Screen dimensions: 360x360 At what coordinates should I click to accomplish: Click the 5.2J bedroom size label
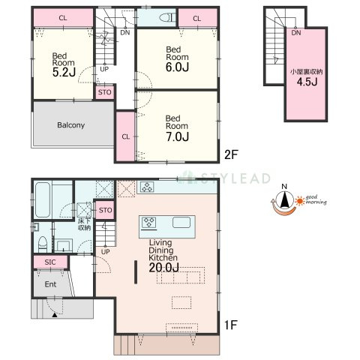pyautogui.click(x=64, y=73)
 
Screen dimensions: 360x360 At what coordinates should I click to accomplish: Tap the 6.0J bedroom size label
pyautogui.click(x=177, y=67)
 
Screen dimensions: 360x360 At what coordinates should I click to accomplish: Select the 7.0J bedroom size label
pyautogui.click(x=177, y=136)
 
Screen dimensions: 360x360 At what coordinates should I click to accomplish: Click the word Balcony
pyautogui.click(x=71, y=125)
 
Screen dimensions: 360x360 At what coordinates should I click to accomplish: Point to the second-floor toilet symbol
pyautogui.click(x=167, y=17)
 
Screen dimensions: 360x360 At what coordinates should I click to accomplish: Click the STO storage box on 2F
pyautogui.click(x=105, y=92)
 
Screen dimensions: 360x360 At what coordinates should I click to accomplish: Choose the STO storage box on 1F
pyautogui.click(x=106, y=210)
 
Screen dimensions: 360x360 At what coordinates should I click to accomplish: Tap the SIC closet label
pyautogui.click(x=50, y=262)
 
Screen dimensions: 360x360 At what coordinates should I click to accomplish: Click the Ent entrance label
pyautogui.click(x=50, y=284)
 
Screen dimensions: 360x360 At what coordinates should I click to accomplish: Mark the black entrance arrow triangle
pyautogui.click(x=55, y=315)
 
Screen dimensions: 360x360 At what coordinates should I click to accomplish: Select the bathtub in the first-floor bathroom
pyautogui.click(x=42, y=200)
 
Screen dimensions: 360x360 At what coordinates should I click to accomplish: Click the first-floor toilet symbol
pyautogui.click(x=43, y=244)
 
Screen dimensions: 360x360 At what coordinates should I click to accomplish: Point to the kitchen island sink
pyautogui.click(x=181, y=222)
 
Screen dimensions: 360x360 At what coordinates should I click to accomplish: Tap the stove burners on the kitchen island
pyautogui.click(x=149, y=223)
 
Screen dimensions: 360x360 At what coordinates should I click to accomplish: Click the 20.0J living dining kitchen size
pyautogui.click(x=164, y=268)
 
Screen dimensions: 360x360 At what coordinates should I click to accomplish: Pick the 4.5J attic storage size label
pyautogui.click(x=307, y=82)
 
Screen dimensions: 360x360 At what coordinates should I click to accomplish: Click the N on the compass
pyautogui.click(x=284, y=187)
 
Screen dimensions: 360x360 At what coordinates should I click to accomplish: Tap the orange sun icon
pyautogui.click(x=299, y=201)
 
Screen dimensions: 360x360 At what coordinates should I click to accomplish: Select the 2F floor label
pyautogui.click(x=230, y=154)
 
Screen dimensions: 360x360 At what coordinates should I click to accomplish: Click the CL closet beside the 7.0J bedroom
pyautogui.click(x=126, y=136)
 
